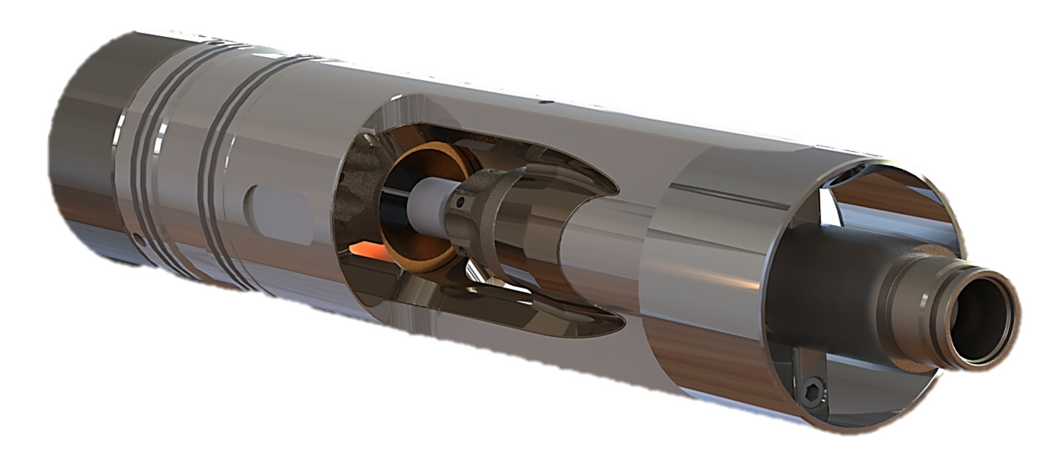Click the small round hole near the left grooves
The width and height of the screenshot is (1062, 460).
tap(139, 239)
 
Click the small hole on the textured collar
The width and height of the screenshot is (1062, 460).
tap(460, 201)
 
